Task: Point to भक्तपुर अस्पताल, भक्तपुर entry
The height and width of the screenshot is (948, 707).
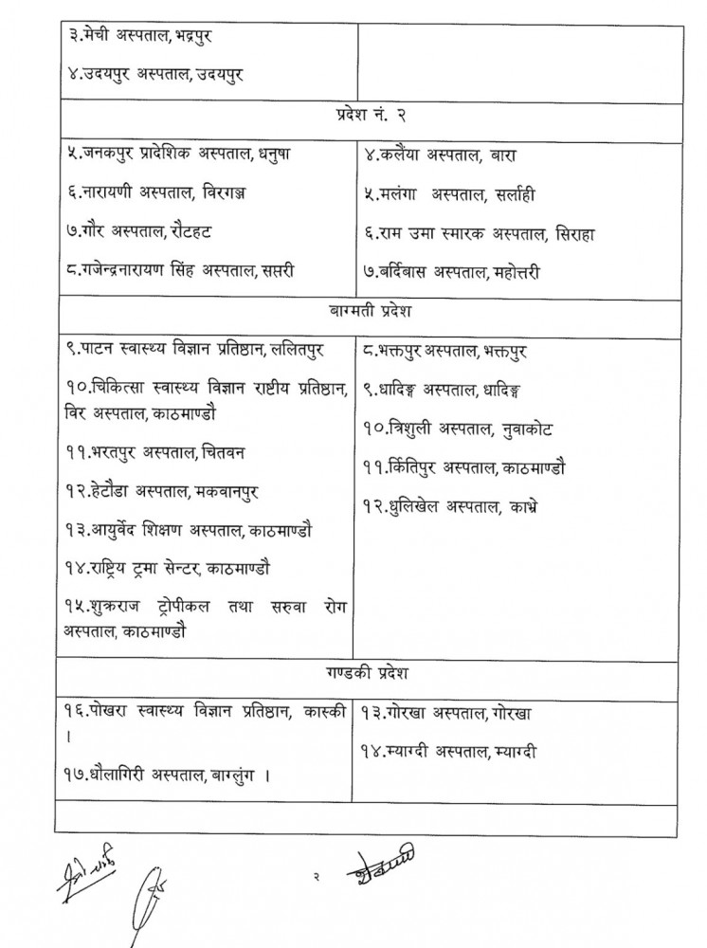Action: tap(445, 352)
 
